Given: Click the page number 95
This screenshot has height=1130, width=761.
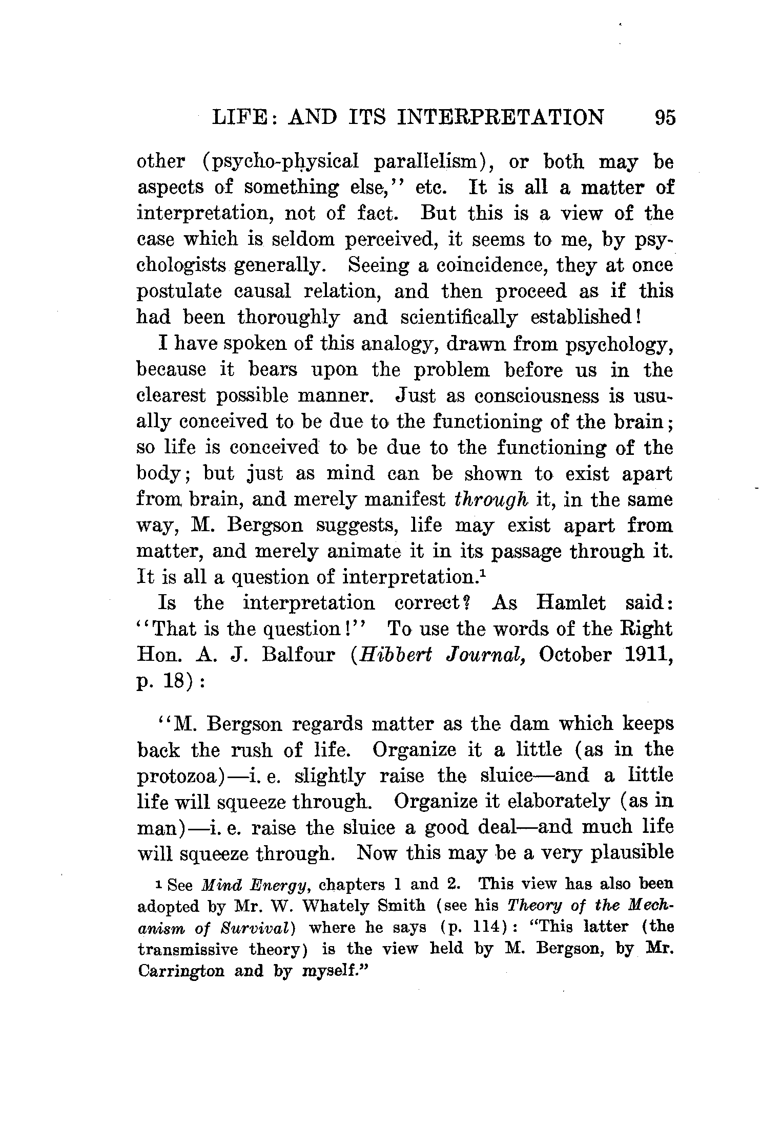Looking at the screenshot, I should point(665,117).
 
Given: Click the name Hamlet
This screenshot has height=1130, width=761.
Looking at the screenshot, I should point(570,603).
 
